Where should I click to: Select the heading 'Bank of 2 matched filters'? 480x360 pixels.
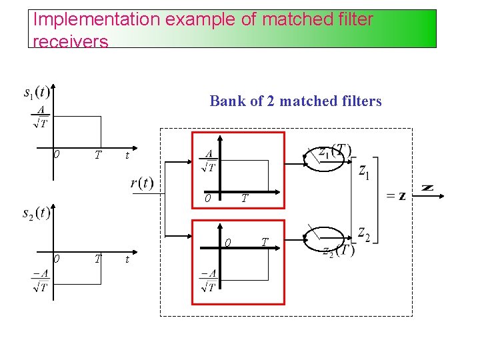pyautogui.click(x=295, y=101)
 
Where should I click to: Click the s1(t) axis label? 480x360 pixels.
pyautogui.click(x=36, y=91)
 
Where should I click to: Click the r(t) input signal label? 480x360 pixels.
pyautogui.click(x=141, y=183)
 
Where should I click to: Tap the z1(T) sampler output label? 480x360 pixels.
pyautogui.click(x=334, y=151)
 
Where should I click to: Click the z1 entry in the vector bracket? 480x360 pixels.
pyautogui.click(x=365, y=172)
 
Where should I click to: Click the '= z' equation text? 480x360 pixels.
pyautogui.click(x=396, y=196)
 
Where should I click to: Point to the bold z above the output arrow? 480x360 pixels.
pyautogui.click(x=427, y=188)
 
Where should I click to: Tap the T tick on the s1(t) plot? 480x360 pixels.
pyautogui.click(x=98, y=155)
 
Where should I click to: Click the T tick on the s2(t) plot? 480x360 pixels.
pyautogui.click(x=98, y=259)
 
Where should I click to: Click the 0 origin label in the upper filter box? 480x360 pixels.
pyautogui.click(x=208, y=198)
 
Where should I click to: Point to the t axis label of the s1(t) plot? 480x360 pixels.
pyautogui.click(x=127, y=156)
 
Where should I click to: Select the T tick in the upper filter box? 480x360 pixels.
pyautogui.click(x=245, y=198)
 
